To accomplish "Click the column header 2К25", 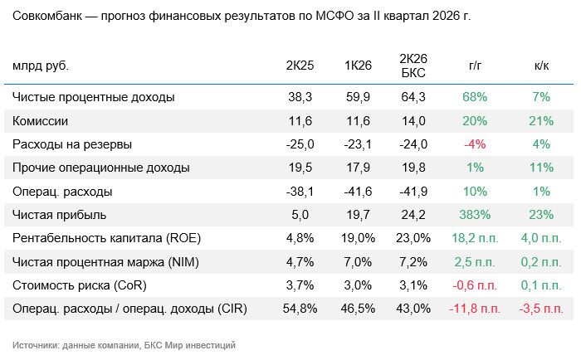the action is tap(300, 66).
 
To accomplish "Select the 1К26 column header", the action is tap(358, 66).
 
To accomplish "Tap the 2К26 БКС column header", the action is tap(413, 66).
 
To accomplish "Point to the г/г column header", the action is tap(475, 66).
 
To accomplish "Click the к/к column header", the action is tap(541, 66).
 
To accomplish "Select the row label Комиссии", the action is tap(40, 121).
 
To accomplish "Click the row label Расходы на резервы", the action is tap(72, 144).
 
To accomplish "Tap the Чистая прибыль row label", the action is tap(59, 215).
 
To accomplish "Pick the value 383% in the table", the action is tap(475, 215).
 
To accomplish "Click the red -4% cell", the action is tap(475, 144).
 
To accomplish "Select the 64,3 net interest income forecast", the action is tap(413, 97).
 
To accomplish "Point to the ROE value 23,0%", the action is tap(413, 238).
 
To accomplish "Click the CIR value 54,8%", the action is tap(300, 309).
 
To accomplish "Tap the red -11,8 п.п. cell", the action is tap(475, 309).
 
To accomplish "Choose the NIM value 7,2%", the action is tap(413, 262).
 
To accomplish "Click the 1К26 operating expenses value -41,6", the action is tap(358, 192).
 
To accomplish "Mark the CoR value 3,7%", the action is tap(300, 285).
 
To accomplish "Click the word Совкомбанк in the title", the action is tap(47, 17).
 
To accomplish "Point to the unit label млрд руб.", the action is tap(41, 66).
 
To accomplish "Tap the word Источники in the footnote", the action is tap(35, 345).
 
